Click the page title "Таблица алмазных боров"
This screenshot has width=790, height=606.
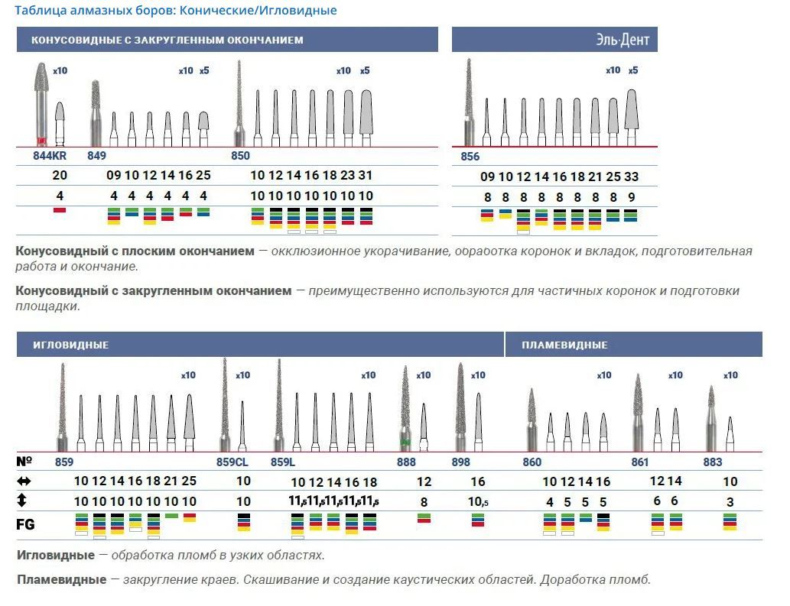tap(175, 11)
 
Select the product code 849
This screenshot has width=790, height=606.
tap(96, 156)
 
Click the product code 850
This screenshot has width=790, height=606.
tap(240, 156)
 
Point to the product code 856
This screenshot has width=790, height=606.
tap(470, 157)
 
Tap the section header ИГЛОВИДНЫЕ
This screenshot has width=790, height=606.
tap(70, 345)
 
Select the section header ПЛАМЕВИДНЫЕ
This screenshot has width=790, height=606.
tap(564, 345)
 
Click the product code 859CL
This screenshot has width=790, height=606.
tap(232, 462)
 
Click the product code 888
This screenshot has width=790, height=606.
tap(407, 462)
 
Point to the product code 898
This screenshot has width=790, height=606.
tap(461, 462)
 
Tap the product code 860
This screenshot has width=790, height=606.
tap(532, 462)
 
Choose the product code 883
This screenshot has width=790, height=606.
tap(713, 462)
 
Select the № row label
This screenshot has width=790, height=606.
tap(24, 462)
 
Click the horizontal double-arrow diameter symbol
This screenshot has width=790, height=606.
tap(24, 481)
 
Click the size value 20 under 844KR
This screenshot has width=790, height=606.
tap(60, 176)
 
